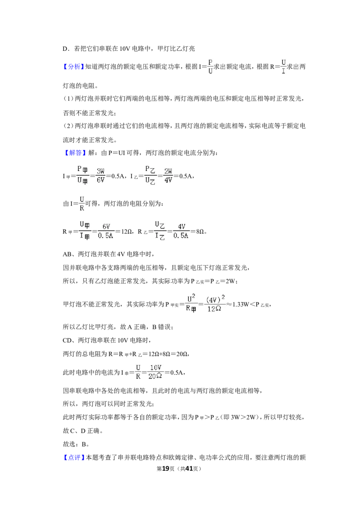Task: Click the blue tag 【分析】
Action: coord(73,67)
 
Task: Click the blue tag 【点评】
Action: coord(73,458)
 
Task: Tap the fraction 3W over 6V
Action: coord(100,176)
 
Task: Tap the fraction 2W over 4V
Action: coord(168,176)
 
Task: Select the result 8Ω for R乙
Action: coord(200,232)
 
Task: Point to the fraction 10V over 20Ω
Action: coord(155,372)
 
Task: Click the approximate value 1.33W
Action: coord(240,304)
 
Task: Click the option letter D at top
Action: coord(65,49)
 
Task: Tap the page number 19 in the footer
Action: coord(166,469)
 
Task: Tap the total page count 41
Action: coord(189,469)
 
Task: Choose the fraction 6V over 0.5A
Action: coord(106,231)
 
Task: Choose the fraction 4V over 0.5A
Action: coord(181,231)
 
